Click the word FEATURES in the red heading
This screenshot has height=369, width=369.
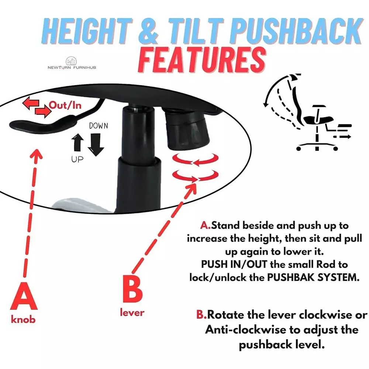202,60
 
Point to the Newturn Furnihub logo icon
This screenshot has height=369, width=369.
71,61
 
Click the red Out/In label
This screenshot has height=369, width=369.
65,105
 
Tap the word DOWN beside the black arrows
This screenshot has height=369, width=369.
99,126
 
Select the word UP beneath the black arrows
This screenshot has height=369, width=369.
77,159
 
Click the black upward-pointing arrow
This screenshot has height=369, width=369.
77,142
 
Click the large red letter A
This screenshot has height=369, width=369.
24,296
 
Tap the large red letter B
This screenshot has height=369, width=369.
133,289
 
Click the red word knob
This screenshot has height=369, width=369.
23,319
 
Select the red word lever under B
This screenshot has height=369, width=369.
132,313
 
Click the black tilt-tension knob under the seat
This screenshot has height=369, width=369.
187,131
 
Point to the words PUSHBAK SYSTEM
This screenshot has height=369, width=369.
313,277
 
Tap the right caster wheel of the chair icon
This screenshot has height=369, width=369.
335,148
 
